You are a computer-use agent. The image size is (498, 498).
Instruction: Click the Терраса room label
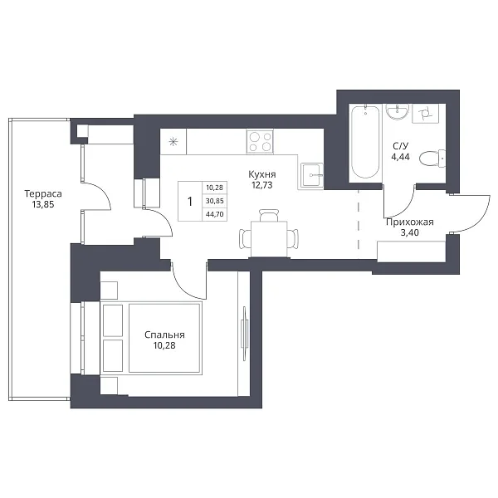(x=43, y=193)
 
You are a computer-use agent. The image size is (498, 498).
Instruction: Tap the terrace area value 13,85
(x=43, y=204)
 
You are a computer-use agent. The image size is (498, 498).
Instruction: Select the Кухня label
(x=262, y=174)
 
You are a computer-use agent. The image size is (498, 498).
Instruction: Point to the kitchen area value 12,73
(x=262, y=185)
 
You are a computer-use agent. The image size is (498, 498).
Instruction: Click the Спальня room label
(x=164, y=334)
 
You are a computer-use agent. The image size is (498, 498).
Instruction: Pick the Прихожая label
(x=410, y=222)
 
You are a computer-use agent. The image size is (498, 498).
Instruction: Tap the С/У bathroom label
(x=401, y=146)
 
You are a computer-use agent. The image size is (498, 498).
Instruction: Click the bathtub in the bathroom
(x=365, y=142)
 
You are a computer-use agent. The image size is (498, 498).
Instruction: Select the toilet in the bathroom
(x=432, y=159)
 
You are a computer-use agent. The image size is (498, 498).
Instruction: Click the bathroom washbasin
(x=397, y=111)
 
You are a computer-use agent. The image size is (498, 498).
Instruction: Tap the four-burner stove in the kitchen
(x=260, y=141)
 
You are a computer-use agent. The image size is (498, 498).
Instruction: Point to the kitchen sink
(x=311, y=174)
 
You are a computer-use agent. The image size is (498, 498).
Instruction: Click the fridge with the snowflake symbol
(x=173, y=142)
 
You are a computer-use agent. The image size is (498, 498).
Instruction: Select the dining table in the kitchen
(x=269, y=239)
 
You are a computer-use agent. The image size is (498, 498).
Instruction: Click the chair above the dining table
(x=269, y=215)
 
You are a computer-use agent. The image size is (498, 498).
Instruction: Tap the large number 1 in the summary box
(x=190, y=202)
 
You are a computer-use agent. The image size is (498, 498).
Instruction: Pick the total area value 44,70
(x=215, y=214)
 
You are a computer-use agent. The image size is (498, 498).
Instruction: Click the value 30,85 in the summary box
(x=215, y=201)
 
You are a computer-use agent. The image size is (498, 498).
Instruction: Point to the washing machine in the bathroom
(x=425, y=114)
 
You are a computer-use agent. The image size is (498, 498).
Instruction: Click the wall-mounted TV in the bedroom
(x=244, y=333)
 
